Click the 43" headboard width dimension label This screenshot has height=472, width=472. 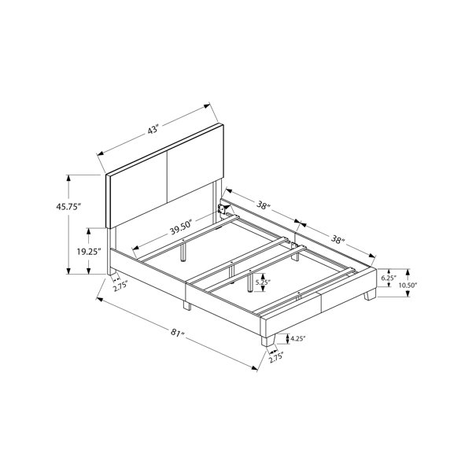pos(153,131)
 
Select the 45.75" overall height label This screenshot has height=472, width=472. pos(69,207)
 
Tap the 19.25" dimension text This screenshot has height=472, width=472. pos(88,252)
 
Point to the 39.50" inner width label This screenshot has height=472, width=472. pos(181,227)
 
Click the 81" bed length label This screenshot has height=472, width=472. pos(178,333)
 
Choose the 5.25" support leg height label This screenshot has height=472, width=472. pos(263,282)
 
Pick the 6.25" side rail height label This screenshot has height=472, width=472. pos(389,278)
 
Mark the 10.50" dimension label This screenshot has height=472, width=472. pos(407,286)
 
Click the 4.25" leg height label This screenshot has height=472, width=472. pos(297,338)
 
